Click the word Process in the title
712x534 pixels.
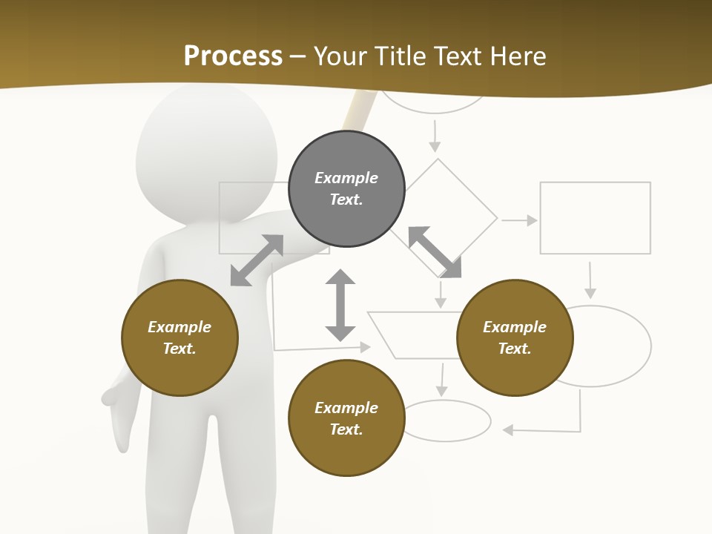tap(233, 56)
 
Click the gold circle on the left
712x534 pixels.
tap(179, 337)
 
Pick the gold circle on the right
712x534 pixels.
tap(515, 337)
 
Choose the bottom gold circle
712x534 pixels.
tap(346, 418)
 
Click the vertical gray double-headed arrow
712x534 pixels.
tap(340, 305)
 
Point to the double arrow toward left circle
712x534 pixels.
tap(257, 260)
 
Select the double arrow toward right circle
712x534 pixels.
tap(435, 252)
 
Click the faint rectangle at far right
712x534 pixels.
tap(595, 217)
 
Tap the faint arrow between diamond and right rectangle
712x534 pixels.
tap(519, 220)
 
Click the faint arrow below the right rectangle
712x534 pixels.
tap(590, 280)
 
